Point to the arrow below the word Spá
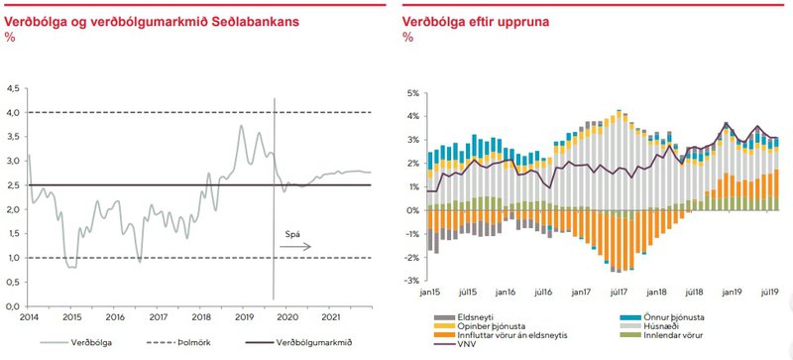(295, 245)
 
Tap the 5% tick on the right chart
(414, 93)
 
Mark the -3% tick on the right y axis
(412, 281)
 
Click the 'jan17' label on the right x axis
(581, 294)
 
